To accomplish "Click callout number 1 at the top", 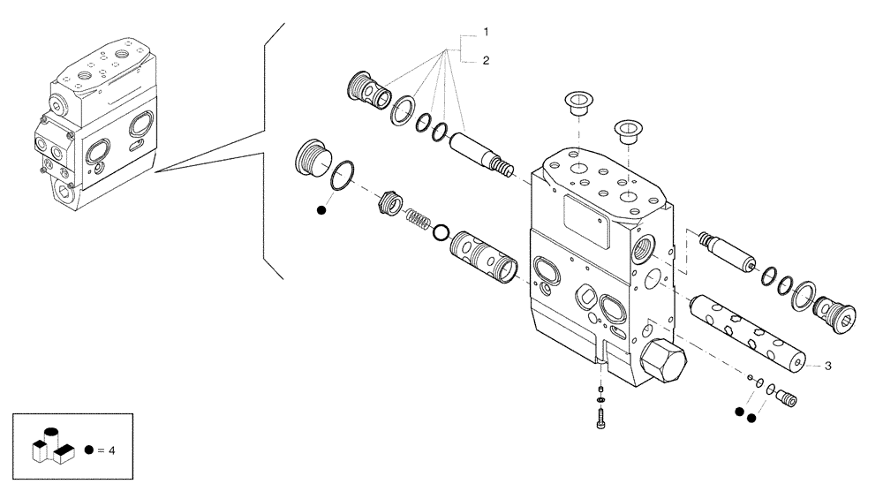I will tap(486, 33).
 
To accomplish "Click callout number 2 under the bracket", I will tap(486, 60).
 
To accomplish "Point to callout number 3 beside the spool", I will tap(828, 364).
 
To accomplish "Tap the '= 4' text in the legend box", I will tap(106, 450).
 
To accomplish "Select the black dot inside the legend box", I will tap(88, 450).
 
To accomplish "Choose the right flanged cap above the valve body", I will tap(628, 132).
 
